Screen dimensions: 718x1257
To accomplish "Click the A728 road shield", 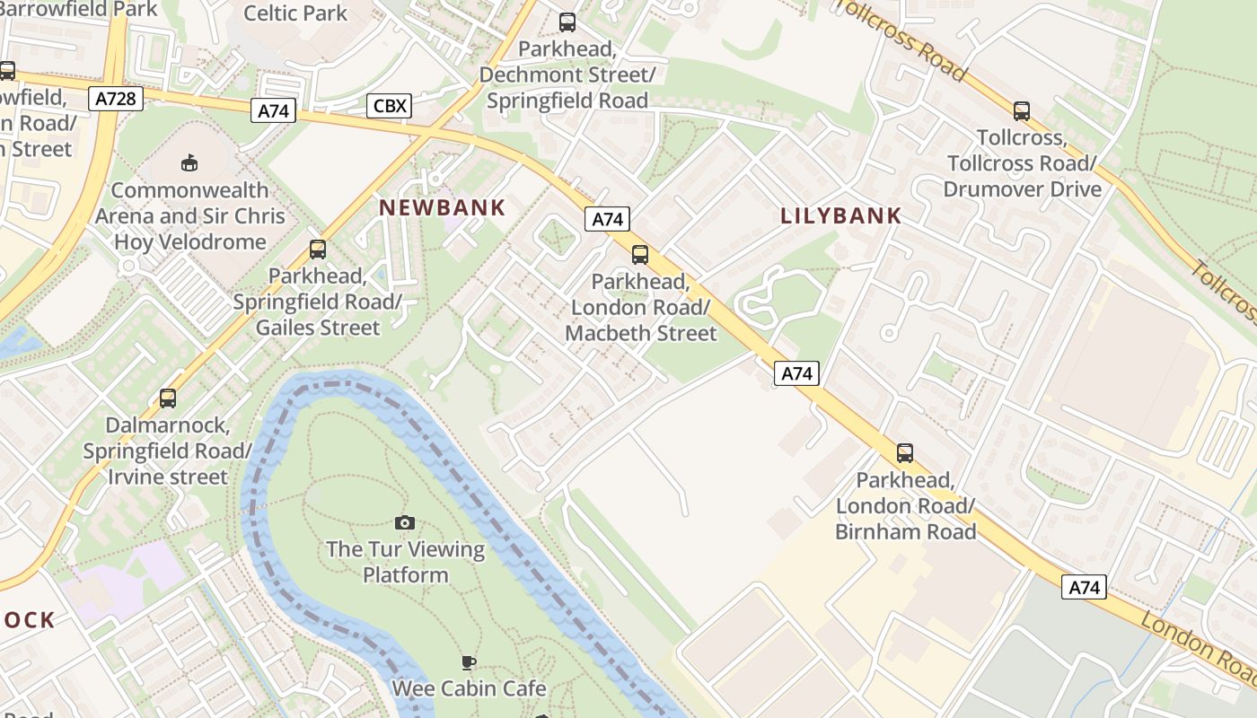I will [117, 99].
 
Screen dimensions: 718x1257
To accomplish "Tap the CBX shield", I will [390, 106].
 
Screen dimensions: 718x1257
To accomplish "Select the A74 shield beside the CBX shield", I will [273, 110].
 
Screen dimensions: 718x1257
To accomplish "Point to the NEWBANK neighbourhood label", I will [442, 207].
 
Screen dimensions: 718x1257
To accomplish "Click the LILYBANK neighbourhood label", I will [840, 215].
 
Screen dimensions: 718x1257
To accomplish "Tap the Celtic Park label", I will [295, 13].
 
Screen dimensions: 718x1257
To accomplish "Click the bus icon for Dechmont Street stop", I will [567, 22].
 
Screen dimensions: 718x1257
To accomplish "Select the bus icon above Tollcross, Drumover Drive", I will [1022, 111].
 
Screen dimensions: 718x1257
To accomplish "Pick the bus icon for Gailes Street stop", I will [318, 250].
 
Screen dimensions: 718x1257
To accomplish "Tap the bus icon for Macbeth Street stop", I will [640, 255].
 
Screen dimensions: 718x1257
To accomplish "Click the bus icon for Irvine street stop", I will [168, 398].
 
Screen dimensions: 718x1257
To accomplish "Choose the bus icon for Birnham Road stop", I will [905, 453].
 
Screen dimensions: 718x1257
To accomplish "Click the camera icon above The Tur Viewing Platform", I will [405, 522].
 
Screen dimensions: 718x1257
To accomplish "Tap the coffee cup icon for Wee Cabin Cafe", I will [468, 662].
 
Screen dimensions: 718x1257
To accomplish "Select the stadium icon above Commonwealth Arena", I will [189, 163].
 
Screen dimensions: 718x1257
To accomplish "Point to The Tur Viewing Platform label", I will [405, 562].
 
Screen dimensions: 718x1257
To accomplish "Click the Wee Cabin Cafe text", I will [469, 688].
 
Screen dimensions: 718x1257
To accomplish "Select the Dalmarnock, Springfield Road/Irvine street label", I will [168, 450].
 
